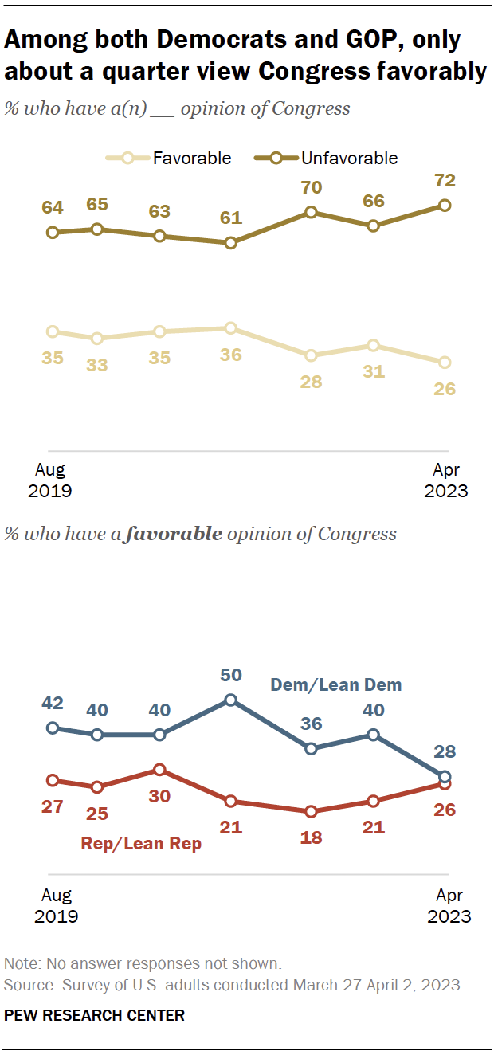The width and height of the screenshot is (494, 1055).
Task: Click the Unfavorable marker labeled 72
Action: [445, 206]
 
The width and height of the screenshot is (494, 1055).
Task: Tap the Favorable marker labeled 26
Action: [445, 363]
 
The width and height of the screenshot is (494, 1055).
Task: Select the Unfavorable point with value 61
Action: [230, 243]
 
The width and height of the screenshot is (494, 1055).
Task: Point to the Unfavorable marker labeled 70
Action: [311, 212]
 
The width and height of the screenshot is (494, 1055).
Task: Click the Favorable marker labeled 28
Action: [311, 355]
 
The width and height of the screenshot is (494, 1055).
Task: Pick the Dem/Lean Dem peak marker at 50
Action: [230, 700]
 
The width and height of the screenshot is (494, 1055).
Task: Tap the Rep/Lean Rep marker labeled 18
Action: [311, 811]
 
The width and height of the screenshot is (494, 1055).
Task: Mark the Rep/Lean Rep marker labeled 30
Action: [159, 770]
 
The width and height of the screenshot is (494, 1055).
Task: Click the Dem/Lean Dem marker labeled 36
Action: [311, 748]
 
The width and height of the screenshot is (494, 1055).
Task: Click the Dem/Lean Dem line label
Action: [336, 684]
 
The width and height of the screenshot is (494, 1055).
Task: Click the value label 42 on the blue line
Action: [53, 704]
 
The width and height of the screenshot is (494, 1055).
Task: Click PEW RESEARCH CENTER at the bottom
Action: [95, 1015]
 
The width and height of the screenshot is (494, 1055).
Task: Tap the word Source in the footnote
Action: [25, 985]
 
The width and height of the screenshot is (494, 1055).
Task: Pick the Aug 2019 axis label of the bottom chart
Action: [56, 906]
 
